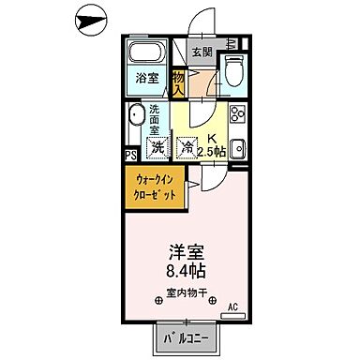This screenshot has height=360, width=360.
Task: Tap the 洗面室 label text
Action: [157, 121]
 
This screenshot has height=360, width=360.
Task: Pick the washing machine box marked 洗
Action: [158, 147]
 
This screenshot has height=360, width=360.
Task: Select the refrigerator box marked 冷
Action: [187, 147]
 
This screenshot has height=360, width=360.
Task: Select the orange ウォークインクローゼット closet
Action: [154, 187]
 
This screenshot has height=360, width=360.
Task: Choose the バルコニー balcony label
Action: [187, 333]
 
